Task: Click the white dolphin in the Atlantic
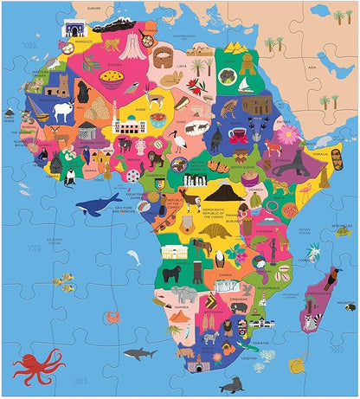click(x=134, y=257)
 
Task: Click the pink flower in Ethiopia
click(x=286, y=134)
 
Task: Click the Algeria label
click(x=113, y=63)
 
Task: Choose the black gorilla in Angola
click(x=179, y=274)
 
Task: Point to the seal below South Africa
click(x=231, y=384)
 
